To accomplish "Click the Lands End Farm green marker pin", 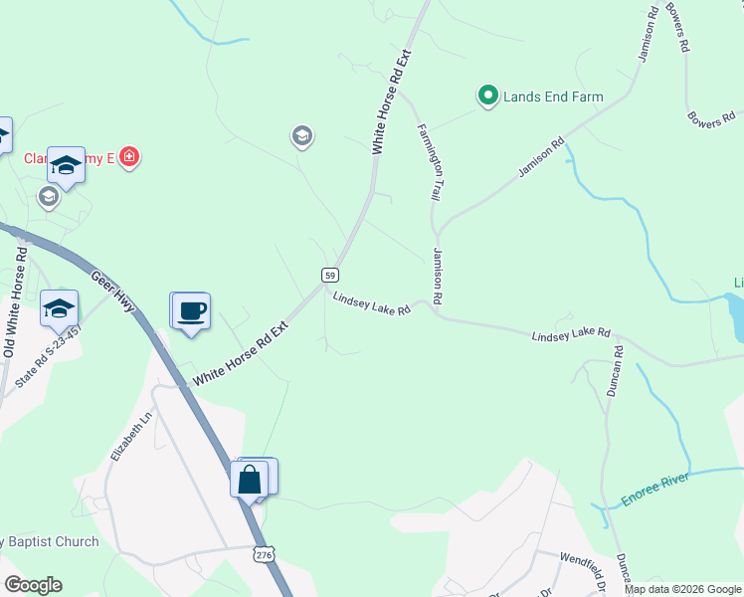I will tap(487, 96).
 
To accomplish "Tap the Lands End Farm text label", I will tap(553, 97).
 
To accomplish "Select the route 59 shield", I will tap(330, 275).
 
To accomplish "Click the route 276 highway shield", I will tap(263, 552).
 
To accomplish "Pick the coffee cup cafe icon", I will tap(191, 310).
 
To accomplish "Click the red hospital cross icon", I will tap(128, 156).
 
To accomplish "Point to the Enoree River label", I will tap(662, 487).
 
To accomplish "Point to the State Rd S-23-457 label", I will tap(34, 356).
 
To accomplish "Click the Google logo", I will tap(33, 585).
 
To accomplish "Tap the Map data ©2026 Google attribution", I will tap(682, 589).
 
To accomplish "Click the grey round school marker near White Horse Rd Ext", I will tap(302, 135).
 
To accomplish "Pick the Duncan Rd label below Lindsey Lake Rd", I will tap(614, 371).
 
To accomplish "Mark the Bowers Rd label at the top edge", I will tap(678, 26).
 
